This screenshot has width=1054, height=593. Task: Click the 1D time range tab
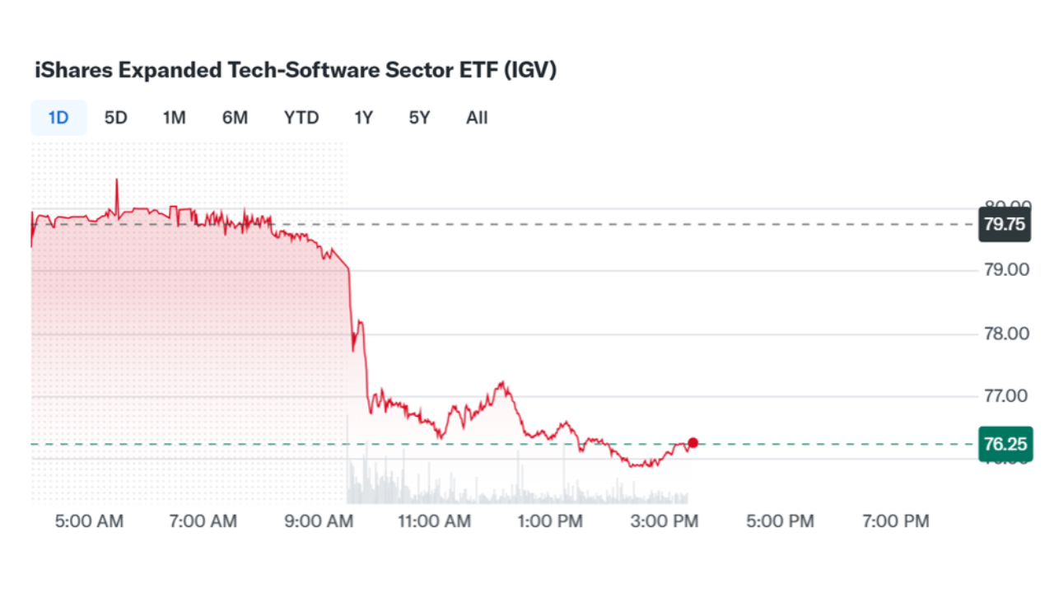click(58, 118)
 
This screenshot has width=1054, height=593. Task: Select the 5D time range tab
click(115, 118)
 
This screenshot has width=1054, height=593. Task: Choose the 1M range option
click(174, 118)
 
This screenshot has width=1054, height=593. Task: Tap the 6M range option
click(235, 118)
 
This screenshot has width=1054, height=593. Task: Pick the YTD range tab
click(301, 118)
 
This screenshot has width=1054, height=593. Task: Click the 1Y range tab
click(363, 118)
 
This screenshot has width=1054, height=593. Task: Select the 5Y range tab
click(419, 118)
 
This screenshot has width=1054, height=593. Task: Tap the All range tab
click(477, 118)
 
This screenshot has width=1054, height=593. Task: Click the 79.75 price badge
click(1005, 224)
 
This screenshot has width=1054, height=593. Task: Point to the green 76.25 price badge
click(1005, 444)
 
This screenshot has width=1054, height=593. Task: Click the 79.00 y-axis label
click(1005, 270)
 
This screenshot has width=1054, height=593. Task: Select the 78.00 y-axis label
click(1005, 334)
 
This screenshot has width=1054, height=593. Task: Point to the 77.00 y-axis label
click(1005, 396)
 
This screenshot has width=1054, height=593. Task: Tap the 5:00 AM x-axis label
click(89, 521)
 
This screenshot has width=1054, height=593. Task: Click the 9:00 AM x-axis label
click(319, 521)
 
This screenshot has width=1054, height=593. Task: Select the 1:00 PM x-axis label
click(550, 521)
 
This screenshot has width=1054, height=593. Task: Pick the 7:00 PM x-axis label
click(895, 521)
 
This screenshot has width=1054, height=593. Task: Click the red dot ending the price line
click(693, 443)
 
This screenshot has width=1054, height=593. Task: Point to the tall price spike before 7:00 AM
click(117, 183)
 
